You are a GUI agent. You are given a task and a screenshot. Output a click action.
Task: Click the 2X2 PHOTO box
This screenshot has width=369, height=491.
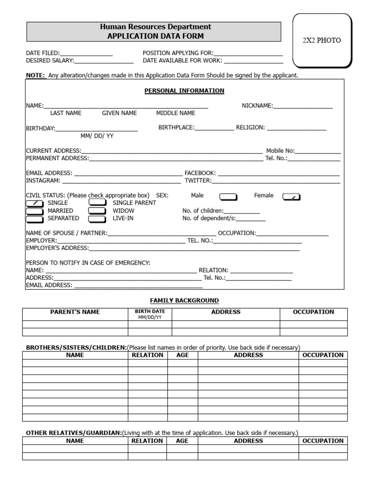[321, 40]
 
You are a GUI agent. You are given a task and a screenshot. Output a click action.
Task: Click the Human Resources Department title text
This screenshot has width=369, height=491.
[155, 27]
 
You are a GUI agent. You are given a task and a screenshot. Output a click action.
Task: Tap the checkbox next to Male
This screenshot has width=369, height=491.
[228, 196]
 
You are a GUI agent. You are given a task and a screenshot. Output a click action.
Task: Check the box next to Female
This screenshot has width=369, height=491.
[291, 196]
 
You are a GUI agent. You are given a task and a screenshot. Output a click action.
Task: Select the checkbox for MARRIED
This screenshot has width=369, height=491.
[34, 211]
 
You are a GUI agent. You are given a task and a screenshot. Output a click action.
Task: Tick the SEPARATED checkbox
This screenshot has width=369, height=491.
[34, 219]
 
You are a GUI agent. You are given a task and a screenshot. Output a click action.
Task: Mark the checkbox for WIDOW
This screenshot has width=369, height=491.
[98, 211]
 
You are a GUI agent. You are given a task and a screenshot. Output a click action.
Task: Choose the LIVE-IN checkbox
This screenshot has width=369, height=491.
[98, 219]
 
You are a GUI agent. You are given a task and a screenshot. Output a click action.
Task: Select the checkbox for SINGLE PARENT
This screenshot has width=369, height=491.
[98, 203]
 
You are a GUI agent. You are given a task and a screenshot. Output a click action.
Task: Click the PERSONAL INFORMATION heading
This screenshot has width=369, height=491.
[184, 91]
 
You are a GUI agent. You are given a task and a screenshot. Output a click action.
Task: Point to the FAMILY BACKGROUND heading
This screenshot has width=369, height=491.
[184, 301]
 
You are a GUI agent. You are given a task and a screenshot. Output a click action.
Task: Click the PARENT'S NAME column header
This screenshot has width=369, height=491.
[75, 312]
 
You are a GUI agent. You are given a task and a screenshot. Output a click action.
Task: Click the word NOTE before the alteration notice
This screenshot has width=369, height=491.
[35, 76]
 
